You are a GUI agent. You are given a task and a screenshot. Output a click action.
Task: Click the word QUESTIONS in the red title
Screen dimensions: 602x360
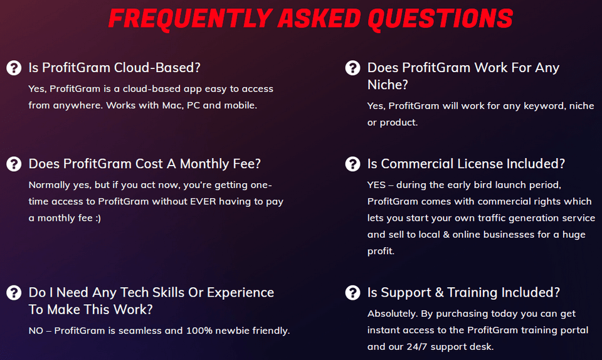coord(440,19)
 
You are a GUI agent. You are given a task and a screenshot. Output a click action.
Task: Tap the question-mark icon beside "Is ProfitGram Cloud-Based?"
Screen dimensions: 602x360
coord(14,68)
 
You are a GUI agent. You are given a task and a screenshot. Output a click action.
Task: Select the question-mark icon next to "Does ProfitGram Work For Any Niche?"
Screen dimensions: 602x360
coord(352,68)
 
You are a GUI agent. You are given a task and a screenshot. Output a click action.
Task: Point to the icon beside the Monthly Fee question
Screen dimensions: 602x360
coord(14,164)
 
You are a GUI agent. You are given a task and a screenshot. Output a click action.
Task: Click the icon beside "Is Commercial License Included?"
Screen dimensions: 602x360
coord(352,164)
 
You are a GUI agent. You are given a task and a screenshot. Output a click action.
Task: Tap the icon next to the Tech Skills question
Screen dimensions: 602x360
coord(14,292)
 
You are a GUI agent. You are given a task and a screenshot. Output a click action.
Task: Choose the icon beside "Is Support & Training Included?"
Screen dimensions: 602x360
coord(352,292)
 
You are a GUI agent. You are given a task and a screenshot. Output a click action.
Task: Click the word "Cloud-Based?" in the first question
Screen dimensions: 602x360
coord(157,68)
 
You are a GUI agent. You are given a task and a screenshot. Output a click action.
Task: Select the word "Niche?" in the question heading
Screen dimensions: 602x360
coord(388,85)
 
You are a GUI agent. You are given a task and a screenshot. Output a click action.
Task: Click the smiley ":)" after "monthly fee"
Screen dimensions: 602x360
coord(98,218)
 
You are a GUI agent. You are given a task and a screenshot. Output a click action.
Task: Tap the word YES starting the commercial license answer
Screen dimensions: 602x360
coord(376,185)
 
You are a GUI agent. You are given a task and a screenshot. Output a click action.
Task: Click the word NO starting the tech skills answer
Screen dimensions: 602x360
coord(36,331)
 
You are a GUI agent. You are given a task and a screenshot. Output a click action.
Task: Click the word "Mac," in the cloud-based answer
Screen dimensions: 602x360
coord(172,105)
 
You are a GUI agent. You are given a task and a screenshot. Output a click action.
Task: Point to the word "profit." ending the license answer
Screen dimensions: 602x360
coord(381,251)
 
